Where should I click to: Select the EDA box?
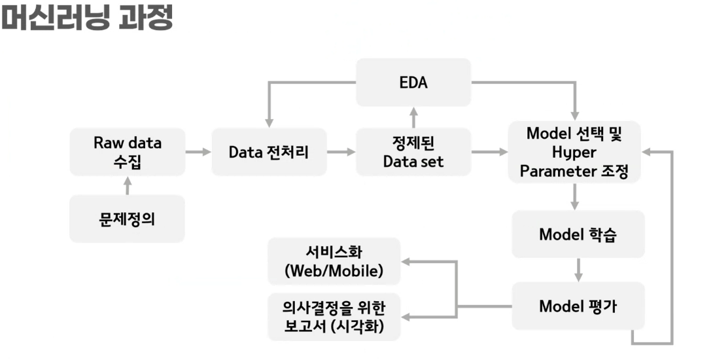pyautogui.click(x=413, y=82)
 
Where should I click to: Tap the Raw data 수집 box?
pyautogui.click(x=127, y=152)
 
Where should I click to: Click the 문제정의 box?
pyautogui.click(x=127, y=219)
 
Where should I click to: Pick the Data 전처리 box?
pyautogui.click(x=269, y=152)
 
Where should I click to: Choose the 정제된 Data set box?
pyautogui.click(x=413, y=152)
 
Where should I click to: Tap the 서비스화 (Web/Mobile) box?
pyautogui.click(x=334, y=261)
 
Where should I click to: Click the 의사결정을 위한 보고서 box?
pyautogui.click(x=334, y=317)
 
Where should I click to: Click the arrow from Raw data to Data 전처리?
pyautogui.click(x=198, y=152)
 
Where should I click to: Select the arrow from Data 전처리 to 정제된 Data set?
pyautogui.click(x=341, y=152)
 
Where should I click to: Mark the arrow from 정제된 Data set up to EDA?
pyautogui.click(x=413, y=117)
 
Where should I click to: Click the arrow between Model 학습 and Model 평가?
pyautogui.click(x=578, y=269)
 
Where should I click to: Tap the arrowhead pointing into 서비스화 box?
pyautogui.click(x=407, y=262)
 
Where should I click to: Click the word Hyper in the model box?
pyautogui.click(x=574, y=152)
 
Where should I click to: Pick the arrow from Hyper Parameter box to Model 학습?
pyautogui.click(x=574, y=196)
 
